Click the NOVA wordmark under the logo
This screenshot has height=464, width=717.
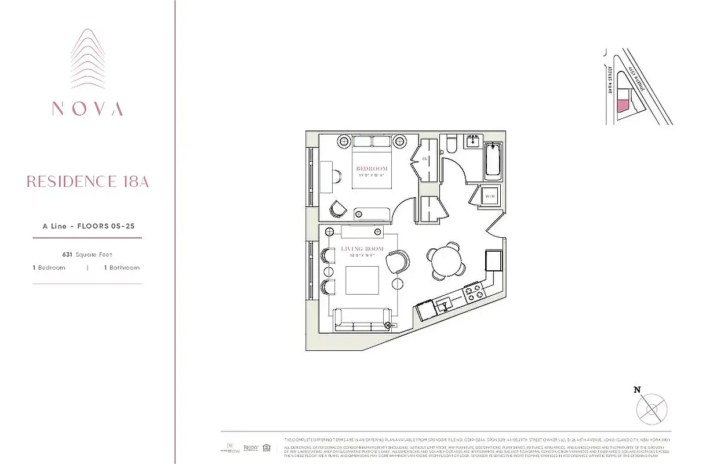(x=88, y=109)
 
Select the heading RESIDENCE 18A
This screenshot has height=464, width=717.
(x=88, y=182)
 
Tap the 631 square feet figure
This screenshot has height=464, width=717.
(x=88, y=255)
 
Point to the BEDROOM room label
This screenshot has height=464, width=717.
(x=372, y=169)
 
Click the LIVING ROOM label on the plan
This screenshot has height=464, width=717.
(x=362, y=249)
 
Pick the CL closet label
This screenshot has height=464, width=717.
(x=425, y=158)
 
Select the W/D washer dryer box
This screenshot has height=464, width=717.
(x=490, y=197)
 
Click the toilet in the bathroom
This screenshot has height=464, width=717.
(x=452, y=144)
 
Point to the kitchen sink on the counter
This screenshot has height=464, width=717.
(x=445, y=303)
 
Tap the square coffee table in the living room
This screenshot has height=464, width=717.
(x=362, y=280)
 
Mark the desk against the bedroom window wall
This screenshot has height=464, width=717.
(x=325, y=176)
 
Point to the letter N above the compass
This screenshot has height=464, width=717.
(x=637, y=390)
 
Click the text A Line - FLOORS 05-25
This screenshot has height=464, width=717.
(x=88, y=226)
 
